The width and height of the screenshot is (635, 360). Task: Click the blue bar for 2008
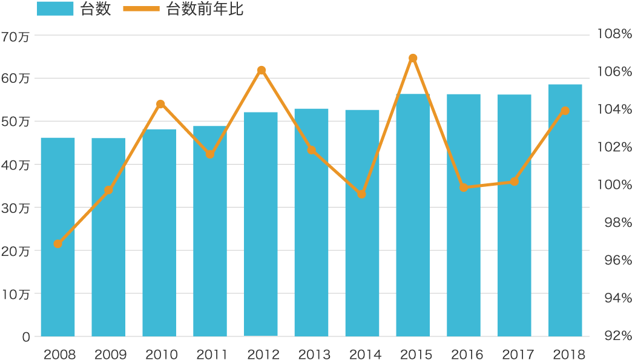point(58,237)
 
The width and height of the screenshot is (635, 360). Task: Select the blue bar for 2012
point(261,224)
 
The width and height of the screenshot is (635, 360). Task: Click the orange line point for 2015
point(413,58)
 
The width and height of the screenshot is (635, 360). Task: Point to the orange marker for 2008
point(58,244)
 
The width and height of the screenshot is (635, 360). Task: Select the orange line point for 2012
point(261,70)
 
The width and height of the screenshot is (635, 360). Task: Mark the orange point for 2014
point(362,194)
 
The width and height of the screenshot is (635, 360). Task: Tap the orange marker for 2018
point(565,111)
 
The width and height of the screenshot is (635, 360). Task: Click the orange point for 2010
point(160,104)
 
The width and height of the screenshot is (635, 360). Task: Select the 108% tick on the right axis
point(614,34)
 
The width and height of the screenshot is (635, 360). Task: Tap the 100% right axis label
point(614,185)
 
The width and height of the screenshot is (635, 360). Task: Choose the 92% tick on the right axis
point(614,336)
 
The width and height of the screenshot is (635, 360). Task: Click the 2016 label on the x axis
point(464,354)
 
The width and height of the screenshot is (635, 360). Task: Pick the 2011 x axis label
point(211,354)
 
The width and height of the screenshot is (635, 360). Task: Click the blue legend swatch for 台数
point(54,9)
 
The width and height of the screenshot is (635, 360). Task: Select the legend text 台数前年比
point(205,9)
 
